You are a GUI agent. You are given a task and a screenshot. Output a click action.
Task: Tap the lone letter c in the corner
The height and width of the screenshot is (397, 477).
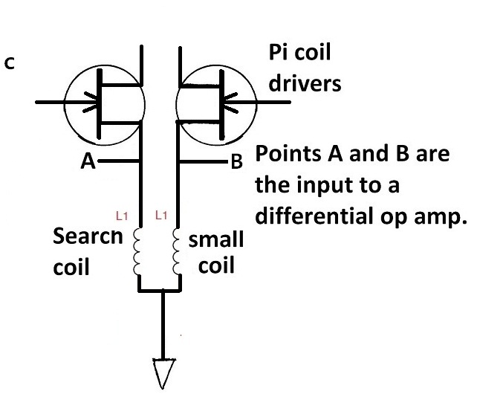[9, 63]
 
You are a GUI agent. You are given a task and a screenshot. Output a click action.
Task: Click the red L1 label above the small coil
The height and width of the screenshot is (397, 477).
[159, 216]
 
